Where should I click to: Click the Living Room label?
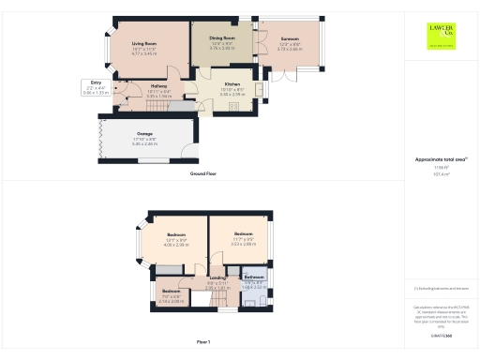tap(143, 44)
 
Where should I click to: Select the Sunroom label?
tap(289, 39)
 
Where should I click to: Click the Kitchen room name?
tap(232, 83)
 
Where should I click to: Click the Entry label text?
tap(96, 83)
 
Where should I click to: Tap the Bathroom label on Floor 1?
tap(254, 277)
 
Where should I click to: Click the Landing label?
tap(217, 278)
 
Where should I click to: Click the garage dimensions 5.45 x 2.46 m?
tap(144, 143)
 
